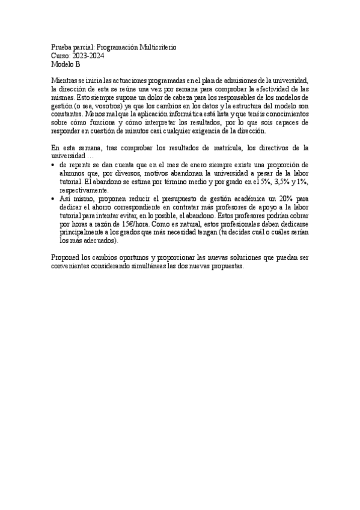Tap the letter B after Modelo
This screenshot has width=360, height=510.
[77, 64]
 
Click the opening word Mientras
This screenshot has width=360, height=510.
[64, 80]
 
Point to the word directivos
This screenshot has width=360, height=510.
[279, 146]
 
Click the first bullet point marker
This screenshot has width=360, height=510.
[53, 164]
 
